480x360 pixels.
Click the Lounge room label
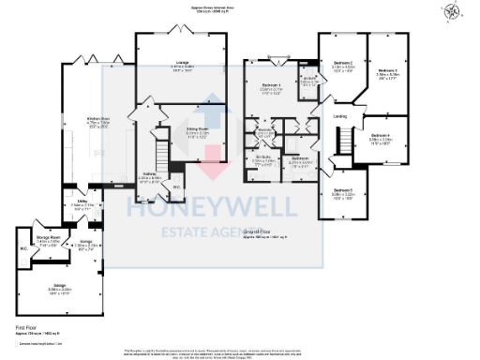182,66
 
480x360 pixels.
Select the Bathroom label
300,159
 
